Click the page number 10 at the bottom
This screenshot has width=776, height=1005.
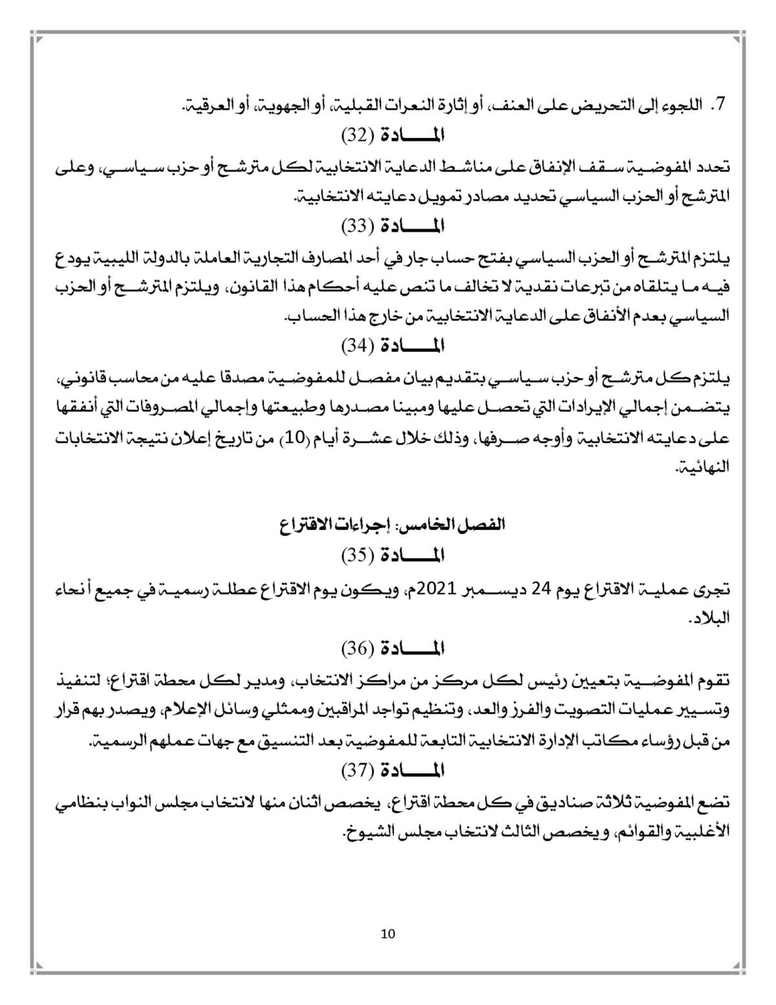[388, 933]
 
